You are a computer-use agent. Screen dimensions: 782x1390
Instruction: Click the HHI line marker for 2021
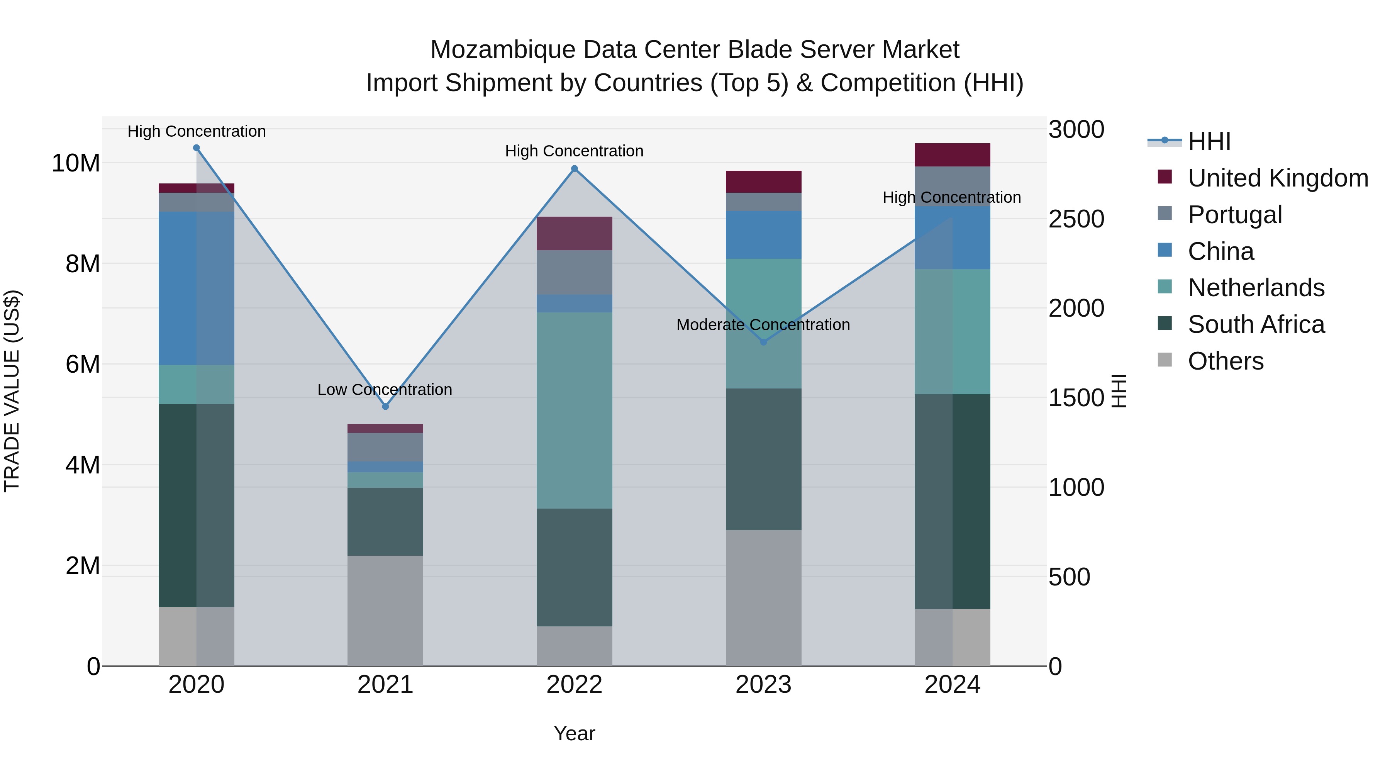pos(385,406)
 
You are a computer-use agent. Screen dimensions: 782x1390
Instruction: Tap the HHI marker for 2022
pos(574,169)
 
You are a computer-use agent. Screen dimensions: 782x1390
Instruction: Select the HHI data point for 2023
pos(763,342)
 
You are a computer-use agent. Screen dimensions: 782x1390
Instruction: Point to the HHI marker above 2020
pos(197,148)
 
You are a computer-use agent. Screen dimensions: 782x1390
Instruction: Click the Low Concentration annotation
pos(384,390)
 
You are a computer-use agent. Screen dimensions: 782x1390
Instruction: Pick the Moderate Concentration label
pos(763,325)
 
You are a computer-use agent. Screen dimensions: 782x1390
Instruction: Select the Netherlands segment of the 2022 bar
pos(574,410)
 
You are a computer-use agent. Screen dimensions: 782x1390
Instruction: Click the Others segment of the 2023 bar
pos(763,598)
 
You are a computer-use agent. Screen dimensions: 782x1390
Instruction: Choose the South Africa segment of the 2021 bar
pos(385,522)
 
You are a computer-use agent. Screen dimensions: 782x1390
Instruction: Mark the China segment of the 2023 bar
pos(763,235)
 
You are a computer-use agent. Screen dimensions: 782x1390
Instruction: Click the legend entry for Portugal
pos(1235,215)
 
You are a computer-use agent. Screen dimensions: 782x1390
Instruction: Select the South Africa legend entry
pos(1256,324)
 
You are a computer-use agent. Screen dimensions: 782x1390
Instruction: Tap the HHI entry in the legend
pos(1209,141)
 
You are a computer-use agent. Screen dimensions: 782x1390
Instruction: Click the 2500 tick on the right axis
pos(1076,219)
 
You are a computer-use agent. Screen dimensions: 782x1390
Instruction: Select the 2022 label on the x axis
pos(574,685)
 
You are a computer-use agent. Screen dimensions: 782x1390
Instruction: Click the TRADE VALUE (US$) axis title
pos(12,391)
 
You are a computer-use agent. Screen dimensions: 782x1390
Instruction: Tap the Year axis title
pos(574,733)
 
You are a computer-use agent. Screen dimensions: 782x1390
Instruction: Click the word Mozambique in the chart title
pos(502,50)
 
